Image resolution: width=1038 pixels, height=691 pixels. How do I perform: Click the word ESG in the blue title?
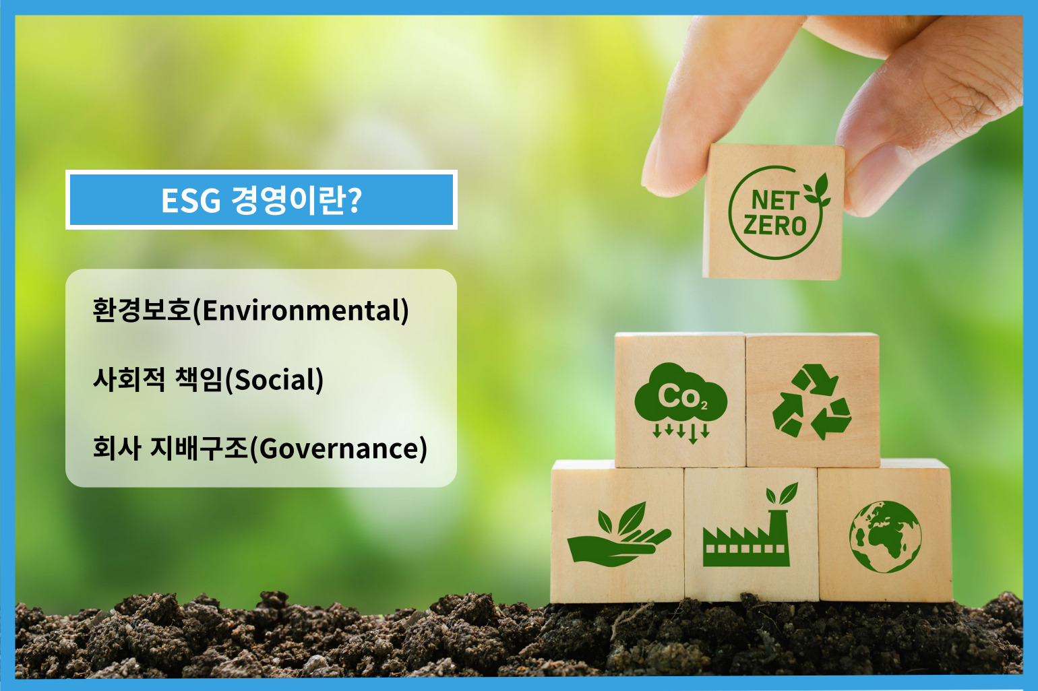tap(191, 201)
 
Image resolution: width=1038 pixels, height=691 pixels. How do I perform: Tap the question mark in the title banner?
tap(354, 199)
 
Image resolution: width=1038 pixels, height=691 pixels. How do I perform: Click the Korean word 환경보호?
tap(142, 310)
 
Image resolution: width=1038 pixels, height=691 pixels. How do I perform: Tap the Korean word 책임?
tap(199, 379)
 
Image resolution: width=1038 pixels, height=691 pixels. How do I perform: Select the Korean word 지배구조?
tap(200, 449)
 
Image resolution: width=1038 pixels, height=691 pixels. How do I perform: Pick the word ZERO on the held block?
tap(775, 226)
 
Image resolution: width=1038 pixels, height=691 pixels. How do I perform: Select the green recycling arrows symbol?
tap(812, 401)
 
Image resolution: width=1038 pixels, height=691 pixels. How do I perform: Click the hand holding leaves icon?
tap(619, 535)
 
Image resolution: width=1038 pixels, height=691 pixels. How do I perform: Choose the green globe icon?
tap(885, 537)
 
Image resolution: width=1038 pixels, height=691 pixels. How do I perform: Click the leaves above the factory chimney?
tap(782, 494)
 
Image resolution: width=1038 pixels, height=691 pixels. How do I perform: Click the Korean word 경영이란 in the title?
tap(287, 200)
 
